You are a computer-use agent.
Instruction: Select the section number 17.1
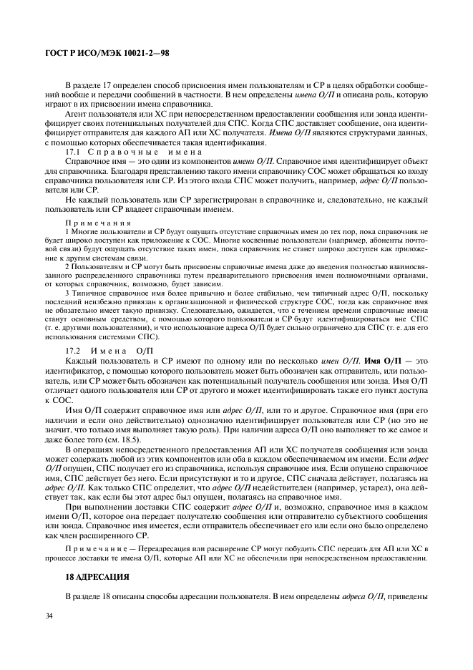click(73, 152)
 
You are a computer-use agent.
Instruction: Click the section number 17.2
click(73, 351)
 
